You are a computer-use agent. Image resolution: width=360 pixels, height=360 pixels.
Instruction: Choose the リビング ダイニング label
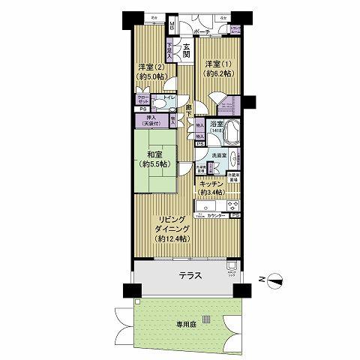click(171, 224)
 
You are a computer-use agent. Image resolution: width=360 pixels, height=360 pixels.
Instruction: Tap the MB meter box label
click(172, 25)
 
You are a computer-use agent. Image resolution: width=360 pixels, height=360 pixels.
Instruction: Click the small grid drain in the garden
click(206, 319)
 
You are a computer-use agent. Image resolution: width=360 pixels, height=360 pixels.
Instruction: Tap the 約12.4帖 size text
click(171, 238)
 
